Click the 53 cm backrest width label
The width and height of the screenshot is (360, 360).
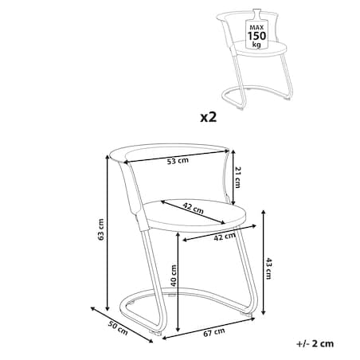click(178, 161)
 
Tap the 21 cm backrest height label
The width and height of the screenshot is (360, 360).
click(237, 178)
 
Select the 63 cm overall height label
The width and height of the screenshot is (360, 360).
click(100, 229)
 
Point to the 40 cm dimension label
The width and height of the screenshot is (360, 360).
click(173, 276)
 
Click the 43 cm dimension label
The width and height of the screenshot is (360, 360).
click(268, 268)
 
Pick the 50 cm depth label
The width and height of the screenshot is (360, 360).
click(118, 328)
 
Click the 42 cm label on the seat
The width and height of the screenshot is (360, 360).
click(194, 209)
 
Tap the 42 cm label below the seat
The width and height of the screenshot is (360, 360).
click(225, 237)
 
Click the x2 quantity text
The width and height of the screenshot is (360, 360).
click(209, 117)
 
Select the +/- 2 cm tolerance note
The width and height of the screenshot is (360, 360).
click(315, 344)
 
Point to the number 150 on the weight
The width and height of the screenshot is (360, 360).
click(256, 36)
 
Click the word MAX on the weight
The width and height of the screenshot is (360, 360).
click(256, 27)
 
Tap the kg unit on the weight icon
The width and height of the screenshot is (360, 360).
click(256, 45)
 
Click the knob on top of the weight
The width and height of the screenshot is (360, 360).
click(256, 14)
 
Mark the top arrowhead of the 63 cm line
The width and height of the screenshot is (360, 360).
click(108, 157)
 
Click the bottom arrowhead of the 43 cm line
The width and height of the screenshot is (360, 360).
click(263, 313)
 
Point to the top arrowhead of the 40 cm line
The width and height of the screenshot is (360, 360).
click(178, 234)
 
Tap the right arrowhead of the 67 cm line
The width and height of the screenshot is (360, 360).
click(253, 318)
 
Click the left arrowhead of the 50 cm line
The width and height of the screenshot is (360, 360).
click(92, 308)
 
